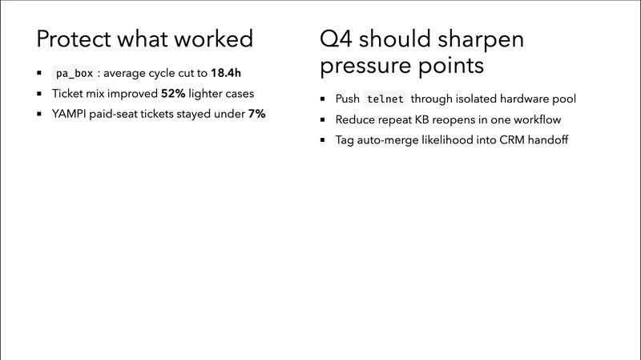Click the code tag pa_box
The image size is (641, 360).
75,74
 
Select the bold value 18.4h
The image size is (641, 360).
226,74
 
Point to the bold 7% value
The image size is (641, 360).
256,114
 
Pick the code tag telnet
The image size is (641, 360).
385,99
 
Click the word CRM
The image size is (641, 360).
495,140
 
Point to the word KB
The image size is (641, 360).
425,119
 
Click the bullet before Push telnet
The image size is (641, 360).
325,99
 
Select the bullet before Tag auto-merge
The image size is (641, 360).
325,140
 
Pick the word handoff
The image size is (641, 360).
534,140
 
